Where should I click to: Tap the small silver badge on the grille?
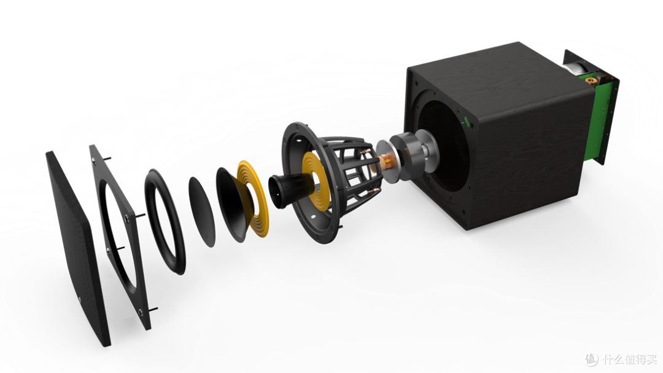[x=80, y=301]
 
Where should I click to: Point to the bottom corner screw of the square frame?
[x=141, y=312]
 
